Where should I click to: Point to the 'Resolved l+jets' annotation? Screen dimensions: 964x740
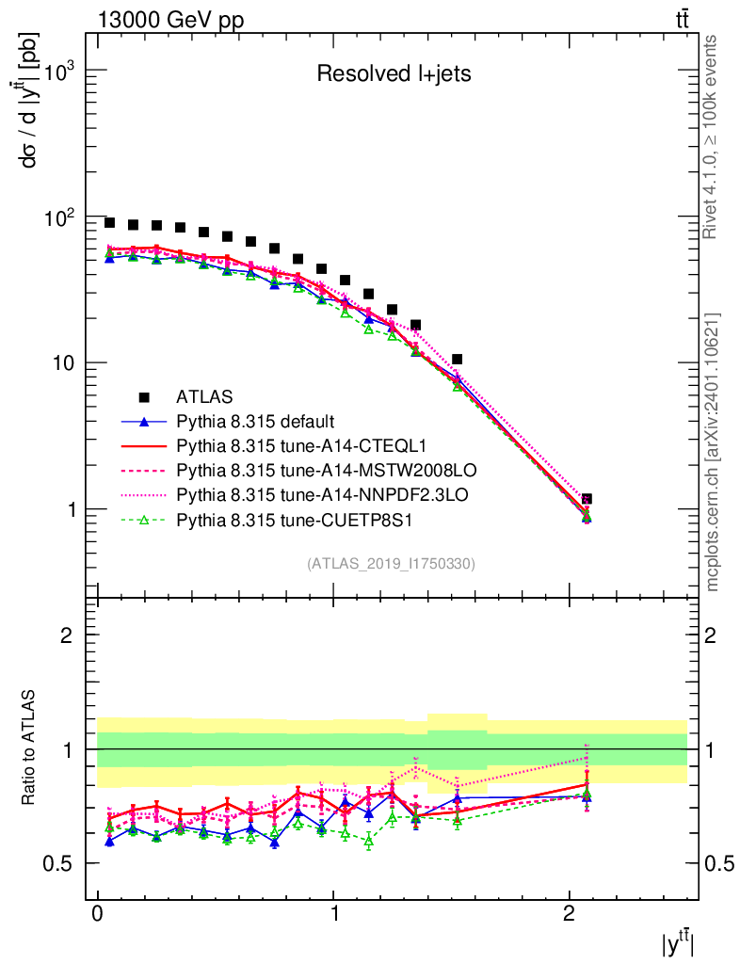pyautogui.click(x=394, y=73)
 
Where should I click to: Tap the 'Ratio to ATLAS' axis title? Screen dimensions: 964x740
pyautogui.click(x=31, y=748)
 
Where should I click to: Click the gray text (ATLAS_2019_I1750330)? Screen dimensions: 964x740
pyautogui.click(x=391, y=564)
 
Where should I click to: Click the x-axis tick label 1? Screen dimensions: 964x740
pyautogui.click(x=333, y=915)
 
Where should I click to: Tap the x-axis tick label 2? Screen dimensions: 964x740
pyautogui.click(x=569, y=915)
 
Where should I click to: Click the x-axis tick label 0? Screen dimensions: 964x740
pyautogui.click(x=98, y=915)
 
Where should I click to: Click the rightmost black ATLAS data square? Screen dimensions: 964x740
pyautogui.click(x=587, y=499)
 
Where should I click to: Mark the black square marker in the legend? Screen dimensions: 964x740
pyautogui.click(x=143, y=396)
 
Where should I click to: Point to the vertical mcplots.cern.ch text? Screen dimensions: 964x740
pyautogui.click(x=713, y=452)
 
